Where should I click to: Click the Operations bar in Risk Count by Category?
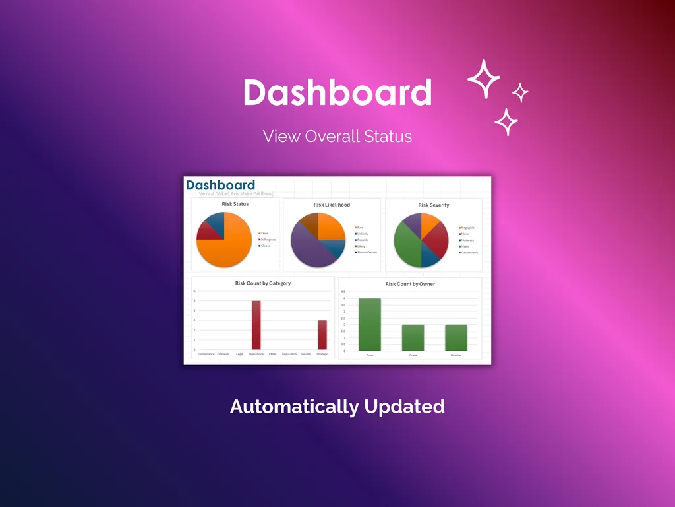click(256, 325)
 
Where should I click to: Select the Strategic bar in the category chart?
click(322, 335)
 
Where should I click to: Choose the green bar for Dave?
click(370, 325)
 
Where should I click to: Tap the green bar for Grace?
click(413, 337)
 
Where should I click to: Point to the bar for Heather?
click(456, 337)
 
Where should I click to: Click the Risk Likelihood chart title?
click(332, 205)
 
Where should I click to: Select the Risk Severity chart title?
click(434, 205)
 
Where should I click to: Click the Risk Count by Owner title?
click(410, 284)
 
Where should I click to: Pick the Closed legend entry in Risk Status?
click(265, 246)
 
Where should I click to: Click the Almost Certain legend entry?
click(367, 252)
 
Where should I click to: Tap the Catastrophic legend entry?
click(469, 252)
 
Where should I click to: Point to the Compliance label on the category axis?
click(206, 355)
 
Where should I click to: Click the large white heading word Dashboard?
click(337, 93)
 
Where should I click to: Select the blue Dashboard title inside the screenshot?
click(220, 186)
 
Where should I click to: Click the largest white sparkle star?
click(484, 79)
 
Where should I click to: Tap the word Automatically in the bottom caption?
click(294, 407)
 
